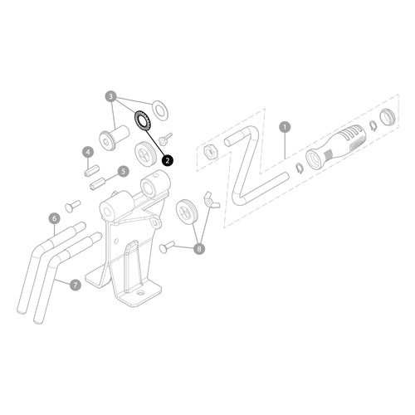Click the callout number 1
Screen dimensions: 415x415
coord(285,127)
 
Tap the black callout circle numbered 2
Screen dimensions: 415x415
coord(168,160)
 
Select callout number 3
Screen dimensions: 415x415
coord(111,96)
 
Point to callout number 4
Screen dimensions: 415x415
coord(88,152)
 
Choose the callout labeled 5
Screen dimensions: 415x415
coord(123,171)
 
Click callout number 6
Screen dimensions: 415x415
coord(55,218)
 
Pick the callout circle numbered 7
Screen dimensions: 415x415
coord(76,285)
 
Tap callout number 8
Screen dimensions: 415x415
coord(199,248)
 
